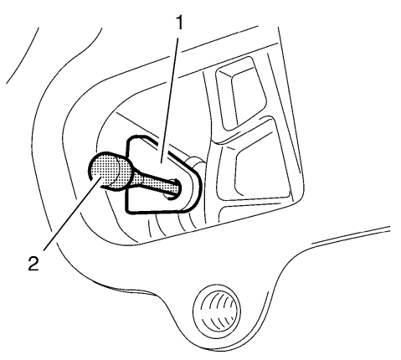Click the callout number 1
180,23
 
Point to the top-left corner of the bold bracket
129,140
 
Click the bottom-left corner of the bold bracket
126,211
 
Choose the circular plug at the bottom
216,310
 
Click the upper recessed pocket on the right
240,94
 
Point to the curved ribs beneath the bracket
170,224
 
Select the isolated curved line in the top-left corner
23,55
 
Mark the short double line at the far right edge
350,235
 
